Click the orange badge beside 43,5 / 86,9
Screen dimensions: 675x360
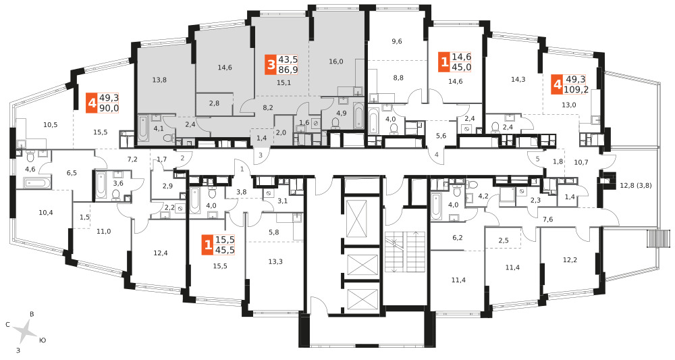[x=271, y=65]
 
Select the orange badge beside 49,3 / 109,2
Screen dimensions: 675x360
[x=558, y=86]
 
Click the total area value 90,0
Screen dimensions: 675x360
[x=109, y=108]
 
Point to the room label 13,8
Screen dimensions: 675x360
[x=159, y=80]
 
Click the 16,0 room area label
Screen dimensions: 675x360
[x=335, y=61]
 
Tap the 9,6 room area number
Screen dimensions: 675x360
[x=397, y=41]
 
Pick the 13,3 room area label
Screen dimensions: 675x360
[x=275, y=261]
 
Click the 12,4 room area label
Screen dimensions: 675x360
[x=161, y=253]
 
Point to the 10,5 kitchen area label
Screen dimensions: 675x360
[x=51, y=125]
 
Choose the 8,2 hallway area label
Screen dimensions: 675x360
[x=268, y=107]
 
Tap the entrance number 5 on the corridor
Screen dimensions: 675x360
[x=538, y=159]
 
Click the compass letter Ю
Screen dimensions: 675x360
[x=42, y=340]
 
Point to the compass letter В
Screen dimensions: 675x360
[x=32, y=314]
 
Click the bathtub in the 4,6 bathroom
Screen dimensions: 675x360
[x=34, y=184]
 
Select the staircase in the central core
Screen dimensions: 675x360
[x=404, y=252]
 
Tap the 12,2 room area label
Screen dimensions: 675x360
[x=570, y=259]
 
